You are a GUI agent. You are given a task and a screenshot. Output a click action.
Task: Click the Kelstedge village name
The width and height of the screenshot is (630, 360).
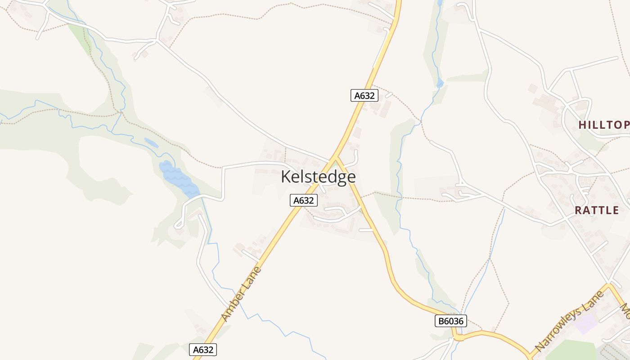pos(318,177)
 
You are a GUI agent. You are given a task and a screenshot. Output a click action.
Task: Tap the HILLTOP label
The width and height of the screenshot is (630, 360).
pos(603,125)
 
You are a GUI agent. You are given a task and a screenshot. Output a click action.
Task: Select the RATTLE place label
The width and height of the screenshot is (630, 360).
pos(597,210)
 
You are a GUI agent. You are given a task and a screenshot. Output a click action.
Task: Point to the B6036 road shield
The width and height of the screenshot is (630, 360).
pos(451,321)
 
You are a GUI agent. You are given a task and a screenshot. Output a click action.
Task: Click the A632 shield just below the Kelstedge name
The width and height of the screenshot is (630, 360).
pos(304,200)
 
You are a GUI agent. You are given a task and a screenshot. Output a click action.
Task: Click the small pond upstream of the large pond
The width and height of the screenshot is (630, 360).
pos(151,143)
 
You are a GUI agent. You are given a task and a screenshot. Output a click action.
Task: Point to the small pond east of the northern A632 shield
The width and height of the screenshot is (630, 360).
pos(440,83)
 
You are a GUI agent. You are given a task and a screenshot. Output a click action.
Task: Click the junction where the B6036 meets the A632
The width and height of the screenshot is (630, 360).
pos(335,157)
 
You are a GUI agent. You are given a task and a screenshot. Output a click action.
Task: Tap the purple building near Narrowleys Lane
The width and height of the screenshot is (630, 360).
pos(586,324)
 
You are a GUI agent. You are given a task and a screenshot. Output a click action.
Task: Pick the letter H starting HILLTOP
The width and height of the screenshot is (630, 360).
pos(582,125)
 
